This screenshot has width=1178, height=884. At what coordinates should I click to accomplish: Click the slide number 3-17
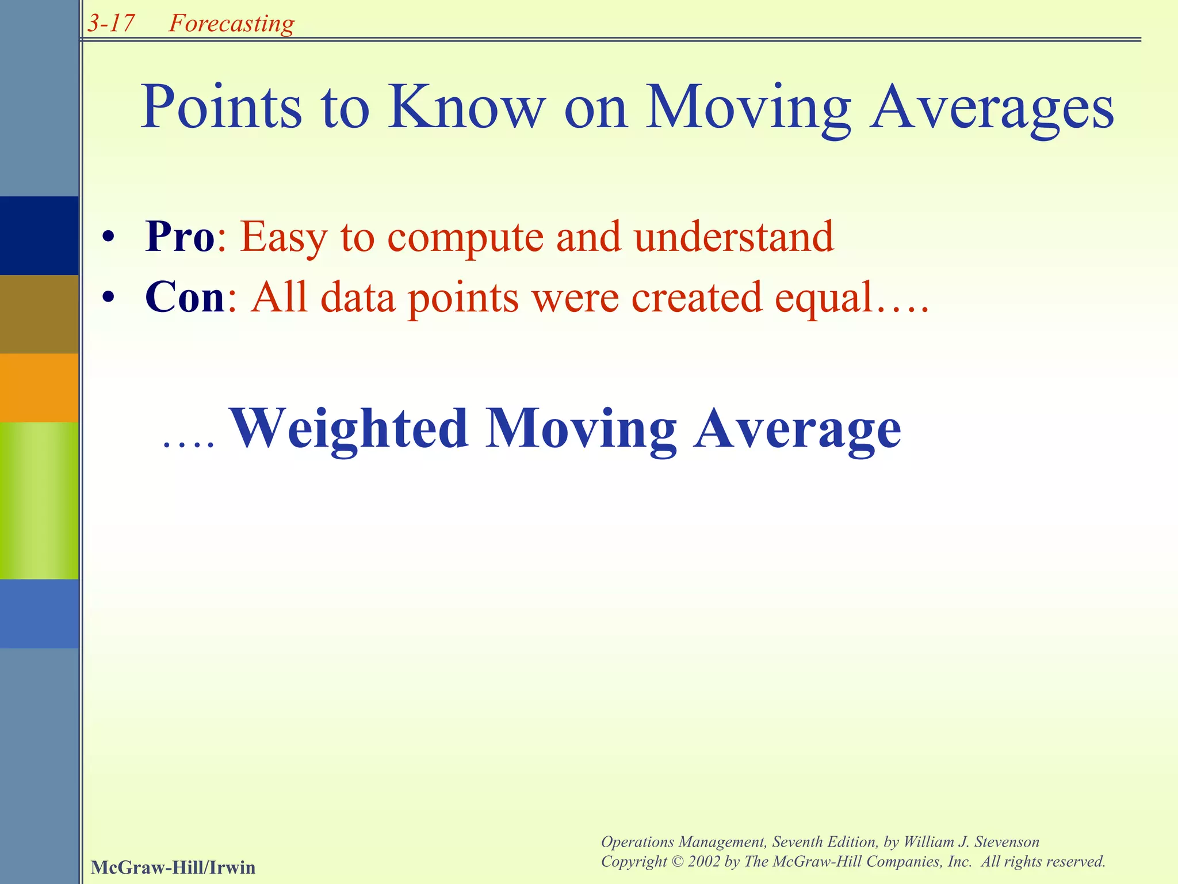click(x=112, y=23)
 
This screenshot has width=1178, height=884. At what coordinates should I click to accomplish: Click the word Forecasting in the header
click(x=231, y=23)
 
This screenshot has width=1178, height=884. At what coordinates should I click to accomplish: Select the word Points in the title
click(x=221, y=107)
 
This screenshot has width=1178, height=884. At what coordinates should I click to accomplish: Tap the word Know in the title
click(x=466, y=107)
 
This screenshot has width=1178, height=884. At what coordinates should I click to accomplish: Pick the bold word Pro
click(x=180, y=237)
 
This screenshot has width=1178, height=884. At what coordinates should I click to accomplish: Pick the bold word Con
click(x=185, y=297)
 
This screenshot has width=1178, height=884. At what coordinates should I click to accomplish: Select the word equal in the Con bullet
click(x=824, y=298)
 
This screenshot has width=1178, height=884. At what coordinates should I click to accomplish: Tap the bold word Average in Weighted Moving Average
click(x=798, y=429)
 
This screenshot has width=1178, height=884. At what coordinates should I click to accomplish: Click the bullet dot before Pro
click(x=108, y=237)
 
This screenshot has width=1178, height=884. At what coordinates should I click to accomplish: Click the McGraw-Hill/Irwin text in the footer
click(x=173, y=867)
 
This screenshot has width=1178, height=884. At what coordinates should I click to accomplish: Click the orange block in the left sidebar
click(x=39, y=387)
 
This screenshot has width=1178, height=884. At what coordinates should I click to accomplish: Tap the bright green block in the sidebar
click(x=39, y=500)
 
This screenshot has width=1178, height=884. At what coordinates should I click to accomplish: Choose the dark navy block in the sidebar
click(x=39, y=235)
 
